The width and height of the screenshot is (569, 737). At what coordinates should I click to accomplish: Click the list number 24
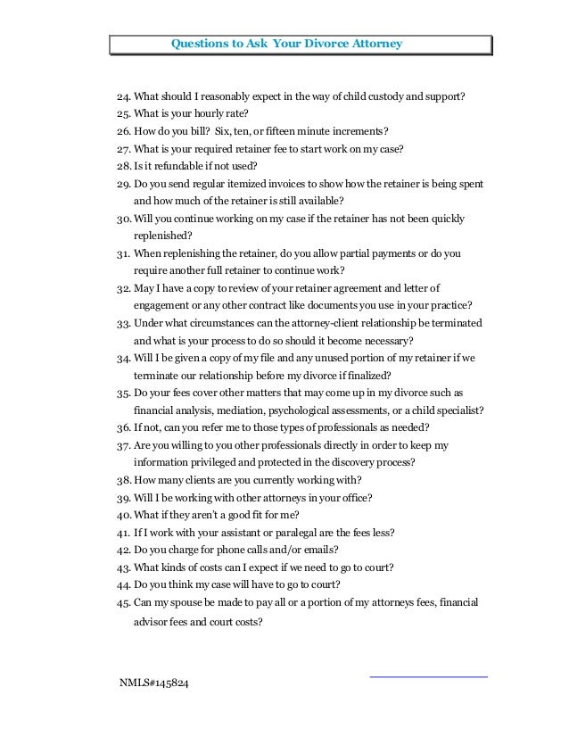(124, 96)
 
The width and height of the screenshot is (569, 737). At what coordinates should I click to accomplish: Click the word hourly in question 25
(196, 113)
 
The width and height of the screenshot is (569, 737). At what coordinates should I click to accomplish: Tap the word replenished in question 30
(161, 235)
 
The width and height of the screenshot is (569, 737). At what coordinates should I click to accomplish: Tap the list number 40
(124, 514)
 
